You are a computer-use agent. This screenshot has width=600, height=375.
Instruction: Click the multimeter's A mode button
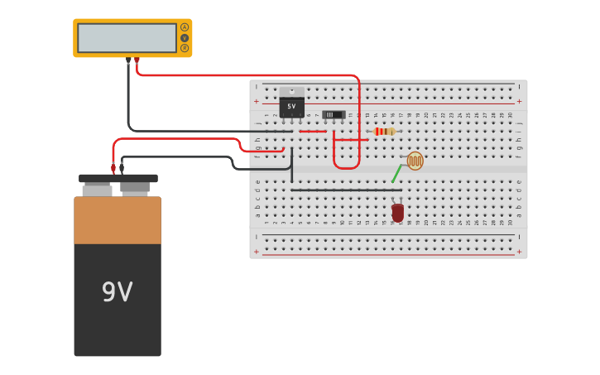[x=185, y=27]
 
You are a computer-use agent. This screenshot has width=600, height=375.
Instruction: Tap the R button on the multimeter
[x=185, y=48]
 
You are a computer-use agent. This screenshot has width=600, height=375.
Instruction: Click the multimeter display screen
[x=127, y=38]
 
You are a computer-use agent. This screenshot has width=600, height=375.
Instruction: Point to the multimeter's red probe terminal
[x=137, y=60]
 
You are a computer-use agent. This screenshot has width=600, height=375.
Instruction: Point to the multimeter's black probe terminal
[x=128, y=60]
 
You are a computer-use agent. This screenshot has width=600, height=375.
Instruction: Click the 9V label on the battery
[x=118, y=291]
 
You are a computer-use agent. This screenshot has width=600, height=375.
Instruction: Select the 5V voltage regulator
[x=291, y=107]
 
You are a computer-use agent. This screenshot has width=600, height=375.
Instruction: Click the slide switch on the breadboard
[x=334, y=114]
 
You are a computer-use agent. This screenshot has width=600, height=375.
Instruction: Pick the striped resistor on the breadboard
[x=384, y=131]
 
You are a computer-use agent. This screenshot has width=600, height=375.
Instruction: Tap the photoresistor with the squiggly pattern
[x=415, y=161]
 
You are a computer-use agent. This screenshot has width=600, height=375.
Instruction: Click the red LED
[x=398, y=213]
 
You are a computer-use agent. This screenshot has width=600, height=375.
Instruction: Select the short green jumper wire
[x=396, y=173]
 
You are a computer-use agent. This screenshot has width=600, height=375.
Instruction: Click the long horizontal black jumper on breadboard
[x=346, y=190]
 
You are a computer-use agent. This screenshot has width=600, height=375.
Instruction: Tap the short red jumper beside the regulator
[x=312, y=131]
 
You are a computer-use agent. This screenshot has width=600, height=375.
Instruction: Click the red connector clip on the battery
[x=113, y=169]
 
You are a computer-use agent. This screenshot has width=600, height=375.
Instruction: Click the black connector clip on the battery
[x=122, y=169]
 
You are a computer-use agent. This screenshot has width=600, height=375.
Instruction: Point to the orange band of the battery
[x=118, y=220]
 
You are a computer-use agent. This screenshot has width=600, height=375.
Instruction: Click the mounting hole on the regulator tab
[x=291, y=91]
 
